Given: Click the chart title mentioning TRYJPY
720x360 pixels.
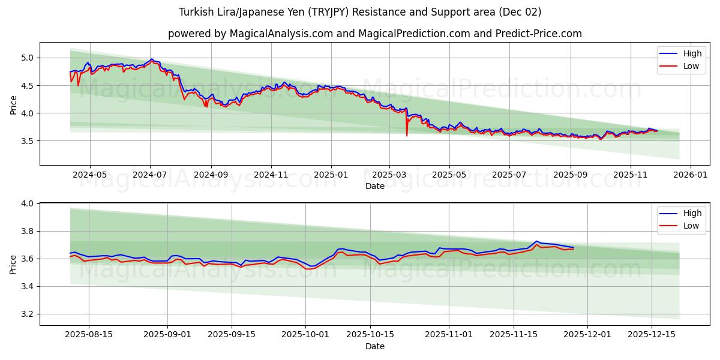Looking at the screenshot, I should pyautogui.click(x=360, y=12).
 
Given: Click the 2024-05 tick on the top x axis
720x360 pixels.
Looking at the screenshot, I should pyautogui.click(x=90, y=174).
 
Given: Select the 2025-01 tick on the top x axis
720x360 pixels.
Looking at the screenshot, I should pyautogui.click(x=331, y=174).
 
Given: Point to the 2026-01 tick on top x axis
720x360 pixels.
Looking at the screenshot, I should pyautogui.click(x=691, y=174).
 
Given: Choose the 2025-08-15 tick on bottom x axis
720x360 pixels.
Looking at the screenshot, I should pyautogui.click(x=89, y=335).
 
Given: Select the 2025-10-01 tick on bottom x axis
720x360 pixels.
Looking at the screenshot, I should pyautogui.click(x=306, y=335).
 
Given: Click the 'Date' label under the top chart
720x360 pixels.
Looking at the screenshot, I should pyautogui.click(x=375, y=186).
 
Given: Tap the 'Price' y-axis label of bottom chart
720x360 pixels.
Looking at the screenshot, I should pyautogui.click(x=13, y=265).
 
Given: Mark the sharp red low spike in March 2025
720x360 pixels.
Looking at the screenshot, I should pyautogui.click(x=407, y=135).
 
